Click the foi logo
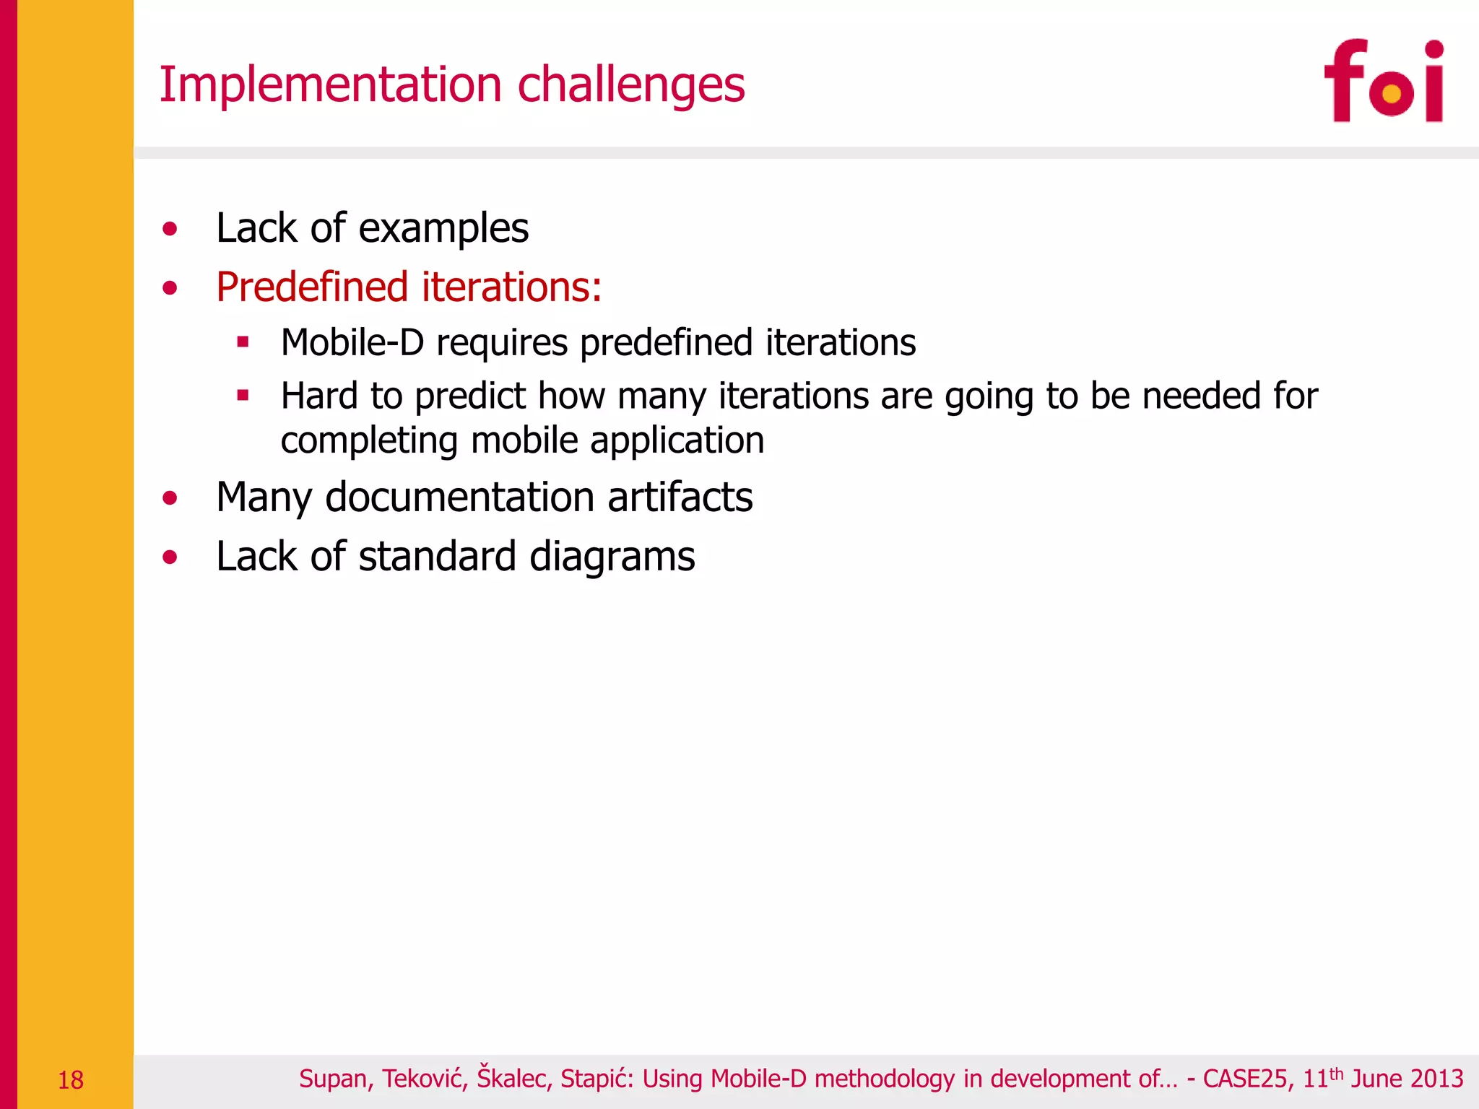tap(1383, 81)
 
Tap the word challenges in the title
tap(631, 86)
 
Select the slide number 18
tap(71, 1080)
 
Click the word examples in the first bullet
tap(443, 230)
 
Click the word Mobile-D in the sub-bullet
tap(352, 342)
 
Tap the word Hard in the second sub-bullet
tap(318, 396)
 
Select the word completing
tap(369, 441)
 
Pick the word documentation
tap(459, 497)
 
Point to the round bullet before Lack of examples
tap(170, 230)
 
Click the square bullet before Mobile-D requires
tap(243, 342)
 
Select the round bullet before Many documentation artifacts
tap(170, 497)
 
